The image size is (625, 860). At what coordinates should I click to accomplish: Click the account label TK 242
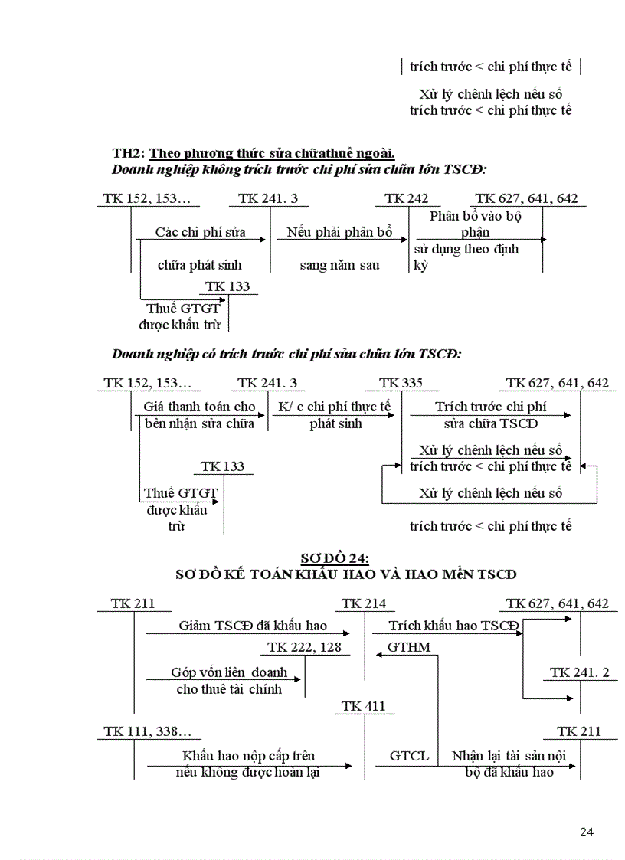tap(406, 198)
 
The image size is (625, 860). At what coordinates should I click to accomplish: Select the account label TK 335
tap(401, 383)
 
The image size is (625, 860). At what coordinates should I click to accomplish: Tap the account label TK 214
tap(364, 603)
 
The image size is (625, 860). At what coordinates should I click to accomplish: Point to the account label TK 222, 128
tap(304, 648)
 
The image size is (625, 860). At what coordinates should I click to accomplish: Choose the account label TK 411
tap(364, 706)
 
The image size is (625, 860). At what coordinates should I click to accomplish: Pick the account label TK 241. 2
tap(580, 672)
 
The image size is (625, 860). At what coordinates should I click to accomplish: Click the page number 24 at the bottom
tap(587, 832)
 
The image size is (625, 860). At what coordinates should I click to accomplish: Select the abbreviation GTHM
tap(409, 647)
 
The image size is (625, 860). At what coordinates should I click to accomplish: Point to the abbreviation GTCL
tap(409, 756)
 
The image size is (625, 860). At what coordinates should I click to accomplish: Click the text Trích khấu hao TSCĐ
tap(453, 626)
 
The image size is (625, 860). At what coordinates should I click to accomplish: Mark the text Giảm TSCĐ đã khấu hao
tap(253, 626)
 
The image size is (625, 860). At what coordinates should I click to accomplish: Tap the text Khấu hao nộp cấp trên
tap(249, 756)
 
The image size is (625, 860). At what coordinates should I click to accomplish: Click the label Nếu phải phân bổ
tap(339, 232)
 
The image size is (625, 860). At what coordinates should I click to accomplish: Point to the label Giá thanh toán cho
tap(199, 407)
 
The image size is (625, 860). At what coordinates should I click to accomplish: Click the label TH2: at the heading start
tap(128, 152)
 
